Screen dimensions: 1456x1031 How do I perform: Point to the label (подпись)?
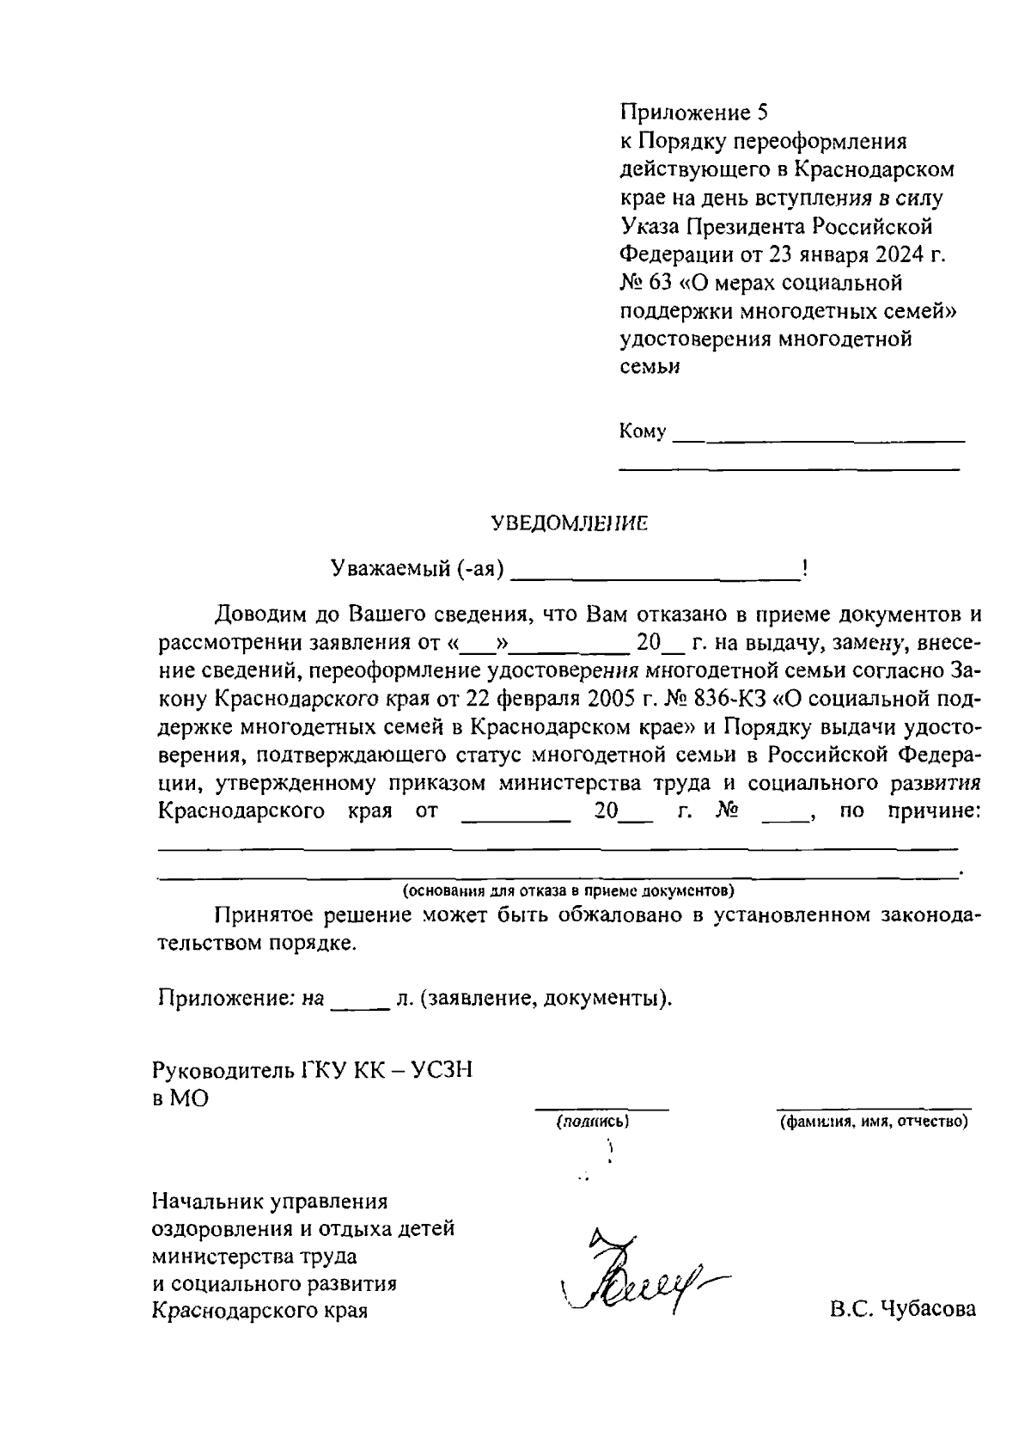(x=594, y=1122)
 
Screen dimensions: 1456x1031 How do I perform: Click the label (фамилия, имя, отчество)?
(x=874, y=1122)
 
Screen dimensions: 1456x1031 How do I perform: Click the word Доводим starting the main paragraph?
(x=266, y=615)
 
